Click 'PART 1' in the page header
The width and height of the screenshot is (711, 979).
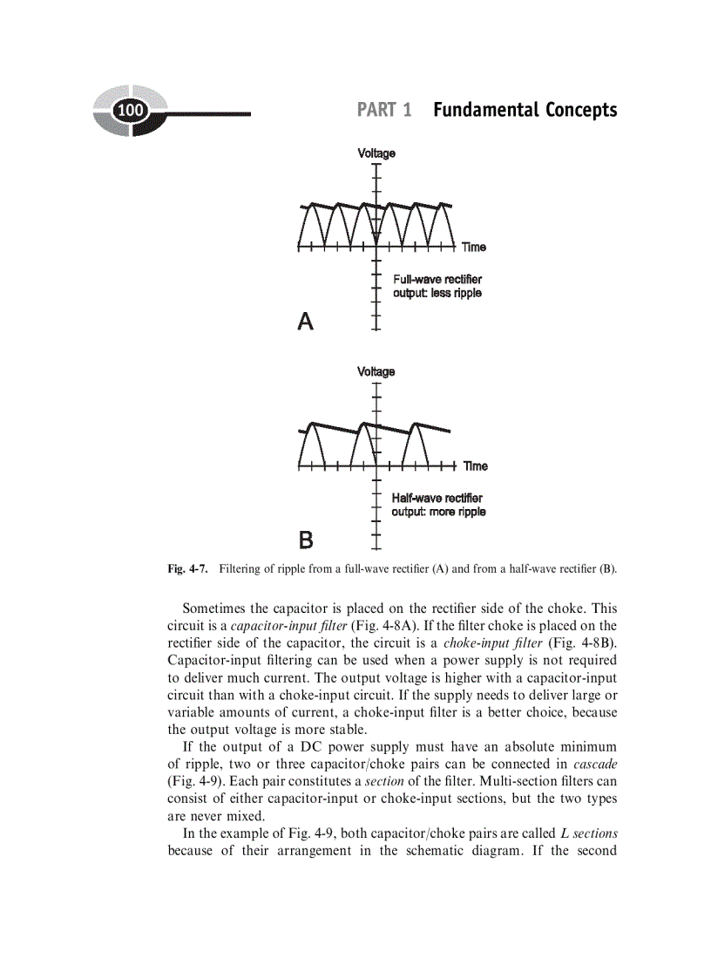pyautogui.click(x=384, y=110)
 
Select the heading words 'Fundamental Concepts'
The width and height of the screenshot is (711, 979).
pyautogui.click(x=525, y=110)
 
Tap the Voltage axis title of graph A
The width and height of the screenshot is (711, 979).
pyautogui.click(x=376, y=153)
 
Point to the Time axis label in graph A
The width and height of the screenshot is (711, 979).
pyautogui.click(x=474, y=248)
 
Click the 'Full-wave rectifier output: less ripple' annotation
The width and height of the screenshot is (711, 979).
pyautogui.click(x=437, y=286)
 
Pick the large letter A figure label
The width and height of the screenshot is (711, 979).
pyautogui.click(x=305, y=322)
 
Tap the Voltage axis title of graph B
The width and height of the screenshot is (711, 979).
pyautogui.click(x=376, y=372)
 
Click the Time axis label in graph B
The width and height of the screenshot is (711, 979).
pyautogui.click(x=475, y=466)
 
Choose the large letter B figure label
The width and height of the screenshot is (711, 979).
pyautogui.click(x=306, y=540)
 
